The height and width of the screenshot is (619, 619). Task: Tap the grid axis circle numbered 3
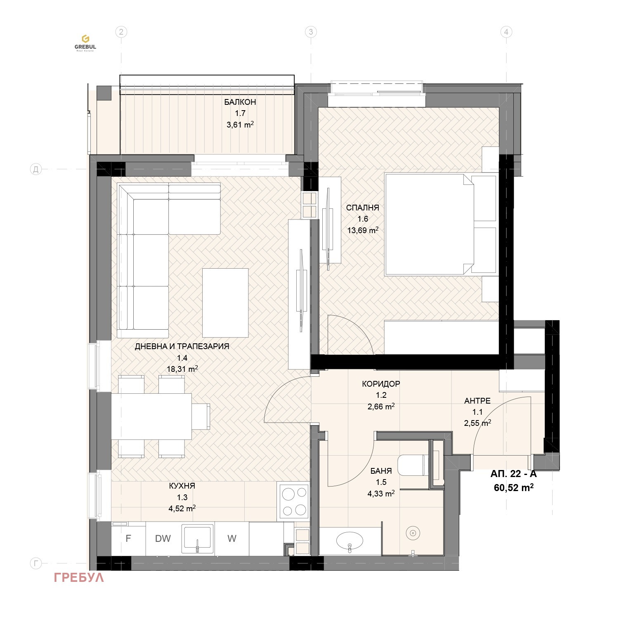[311, 32]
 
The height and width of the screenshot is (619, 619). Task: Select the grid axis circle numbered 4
[506, 32]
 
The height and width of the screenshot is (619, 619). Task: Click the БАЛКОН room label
[240, 102]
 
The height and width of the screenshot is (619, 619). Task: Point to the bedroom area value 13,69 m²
[363, 230]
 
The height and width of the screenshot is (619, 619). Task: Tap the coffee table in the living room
[225, 302]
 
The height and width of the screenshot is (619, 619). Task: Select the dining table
[151, 416]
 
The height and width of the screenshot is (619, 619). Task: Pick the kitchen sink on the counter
[198, 538]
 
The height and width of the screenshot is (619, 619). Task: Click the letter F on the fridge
[128, 539]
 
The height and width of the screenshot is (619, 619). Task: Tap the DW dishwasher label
[163, 539]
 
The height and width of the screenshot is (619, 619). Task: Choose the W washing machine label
[232, 539]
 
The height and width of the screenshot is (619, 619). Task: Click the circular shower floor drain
[413, 533]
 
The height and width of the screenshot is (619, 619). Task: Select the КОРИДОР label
[381, 384]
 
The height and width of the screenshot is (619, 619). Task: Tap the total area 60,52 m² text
[514, 487]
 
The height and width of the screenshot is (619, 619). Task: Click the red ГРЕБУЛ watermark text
[79, 577]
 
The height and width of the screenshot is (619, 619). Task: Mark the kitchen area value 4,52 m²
[182, 508]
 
